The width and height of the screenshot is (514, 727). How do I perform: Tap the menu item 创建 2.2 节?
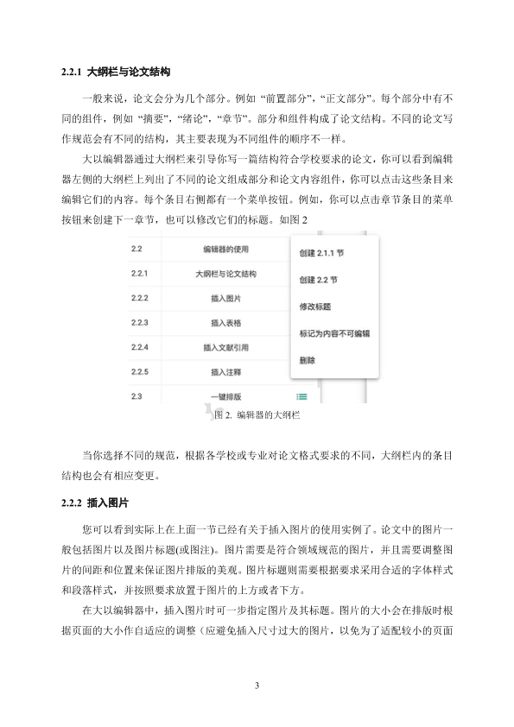click(318, 281)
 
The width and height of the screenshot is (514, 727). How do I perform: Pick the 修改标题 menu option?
click(315, 307)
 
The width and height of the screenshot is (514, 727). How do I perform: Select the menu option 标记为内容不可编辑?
click(333, 332)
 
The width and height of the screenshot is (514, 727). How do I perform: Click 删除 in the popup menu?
click(308, 359)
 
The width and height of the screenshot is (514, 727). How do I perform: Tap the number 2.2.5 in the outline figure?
click(140, 372)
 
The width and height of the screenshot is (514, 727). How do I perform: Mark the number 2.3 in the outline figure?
click(136, 396)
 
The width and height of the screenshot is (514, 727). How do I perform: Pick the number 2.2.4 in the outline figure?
click(140, 348)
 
